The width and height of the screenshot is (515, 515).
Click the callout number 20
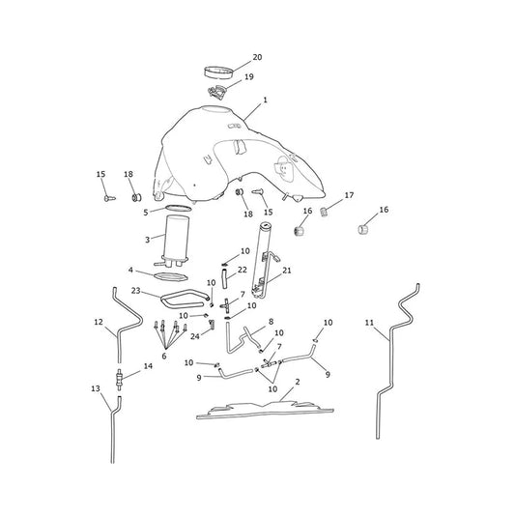[x=257, y=57]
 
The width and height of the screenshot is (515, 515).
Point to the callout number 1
[x=266, y=100]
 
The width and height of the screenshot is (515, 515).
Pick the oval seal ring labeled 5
[x=179, y=208]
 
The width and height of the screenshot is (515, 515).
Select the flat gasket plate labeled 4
[x=171, y=276]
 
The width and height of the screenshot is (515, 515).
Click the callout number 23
[x=135, y=291]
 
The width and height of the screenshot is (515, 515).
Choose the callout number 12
[x=99, y=322]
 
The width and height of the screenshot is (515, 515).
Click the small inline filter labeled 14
[x=119, y=380]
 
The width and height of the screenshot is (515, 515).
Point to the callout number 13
[x=96, y=388]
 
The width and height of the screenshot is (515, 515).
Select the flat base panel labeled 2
[x=265, y=411]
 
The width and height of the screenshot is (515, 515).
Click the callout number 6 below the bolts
[x=164, y=356]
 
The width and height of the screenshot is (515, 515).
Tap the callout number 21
[x=287, y=271]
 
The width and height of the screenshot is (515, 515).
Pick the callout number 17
[x=349, y=195]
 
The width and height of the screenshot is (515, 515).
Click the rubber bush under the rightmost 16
[x=362, y=230]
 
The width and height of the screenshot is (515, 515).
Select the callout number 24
[x=195, y=336]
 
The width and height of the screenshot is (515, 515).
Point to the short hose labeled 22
[x=225, y=278]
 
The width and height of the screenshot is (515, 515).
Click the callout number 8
[x=271, y=322]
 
